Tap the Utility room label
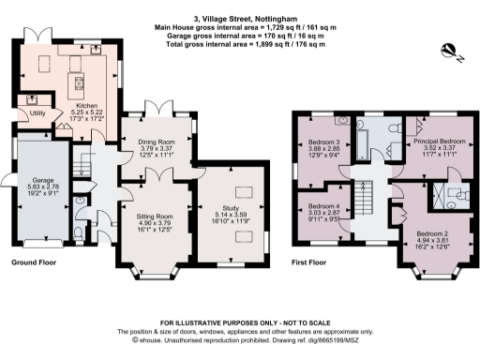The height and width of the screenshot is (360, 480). click(x=38, y=113)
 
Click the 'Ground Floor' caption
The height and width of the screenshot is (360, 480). click(x=31, y=265)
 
